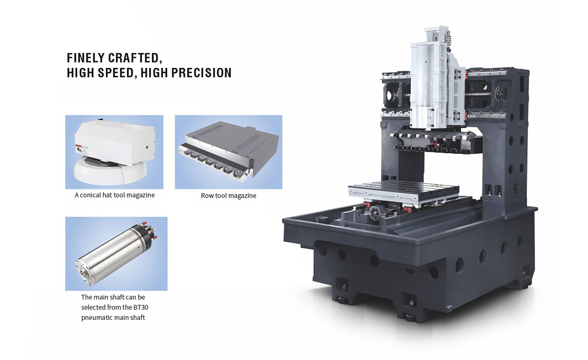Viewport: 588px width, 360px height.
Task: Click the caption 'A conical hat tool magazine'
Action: pyautogui.click(x=114, y=195)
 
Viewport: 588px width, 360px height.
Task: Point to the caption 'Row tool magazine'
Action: pyautogui.click(x=228, y=196)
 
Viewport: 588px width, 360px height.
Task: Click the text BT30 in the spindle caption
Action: pyautogui.click(x=141, y=308)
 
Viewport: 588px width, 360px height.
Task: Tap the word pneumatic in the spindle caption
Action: pyautogui.click(x=96, y=318)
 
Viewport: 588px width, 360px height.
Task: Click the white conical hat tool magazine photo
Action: pyautogui.click(x=114, y=152)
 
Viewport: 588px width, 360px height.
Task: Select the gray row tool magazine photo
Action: pyautogui.click(x=228, y=152)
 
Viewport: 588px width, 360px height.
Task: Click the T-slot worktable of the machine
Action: pyautogui.click(x=403, y=191)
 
